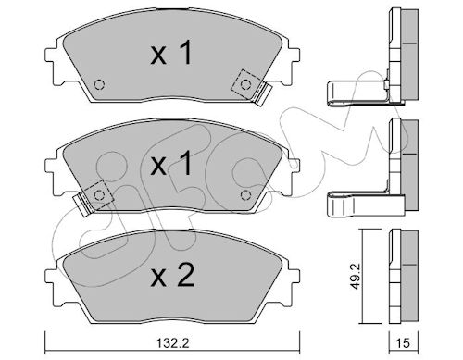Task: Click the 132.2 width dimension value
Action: pos(172,342)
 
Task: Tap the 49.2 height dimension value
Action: pos(357,276)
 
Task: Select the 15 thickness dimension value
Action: pos(403,342)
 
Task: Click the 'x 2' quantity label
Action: pos(172,276)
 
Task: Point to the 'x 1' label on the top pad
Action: pos(171,53)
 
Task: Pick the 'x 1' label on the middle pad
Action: pos(171,164)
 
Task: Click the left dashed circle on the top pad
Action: pos(99,84)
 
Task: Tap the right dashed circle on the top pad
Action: pos(245,84)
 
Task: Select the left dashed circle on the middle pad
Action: pos(99,195)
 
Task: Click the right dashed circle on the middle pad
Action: pos(245,195)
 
